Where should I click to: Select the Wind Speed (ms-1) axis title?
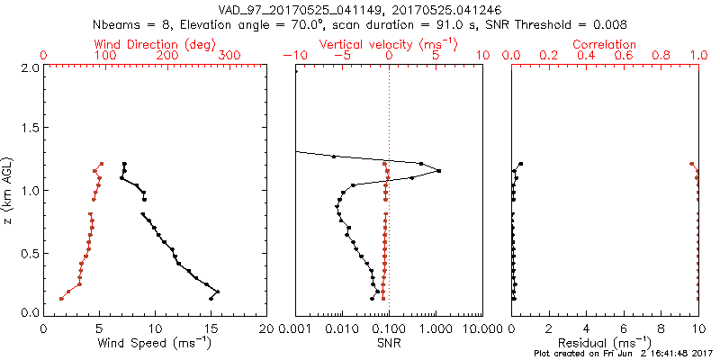pos(155,344)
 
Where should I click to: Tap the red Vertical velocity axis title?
pos(388,44)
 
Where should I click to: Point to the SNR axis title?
pos(389,344)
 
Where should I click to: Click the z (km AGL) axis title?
pos(8,189)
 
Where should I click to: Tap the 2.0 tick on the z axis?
pos(29,67)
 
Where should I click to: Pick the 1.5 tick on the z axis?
pos(29,129)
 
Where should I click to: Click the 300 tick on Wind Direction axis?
pos(229,56)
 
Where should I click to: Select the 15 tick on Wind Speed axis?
pos(211,328)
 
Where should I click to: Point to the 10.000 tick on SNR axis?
pos(482,328)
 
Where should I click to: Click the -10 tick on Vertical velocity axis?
pos(294,56)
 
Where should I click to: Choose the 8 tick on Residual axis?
pos(661,328)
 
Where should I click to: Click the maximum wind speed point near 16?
pos(218,292)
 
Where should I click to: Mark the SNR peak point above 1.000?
pos(438,171)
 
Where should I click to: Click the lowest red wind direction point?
pos(61,298)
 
